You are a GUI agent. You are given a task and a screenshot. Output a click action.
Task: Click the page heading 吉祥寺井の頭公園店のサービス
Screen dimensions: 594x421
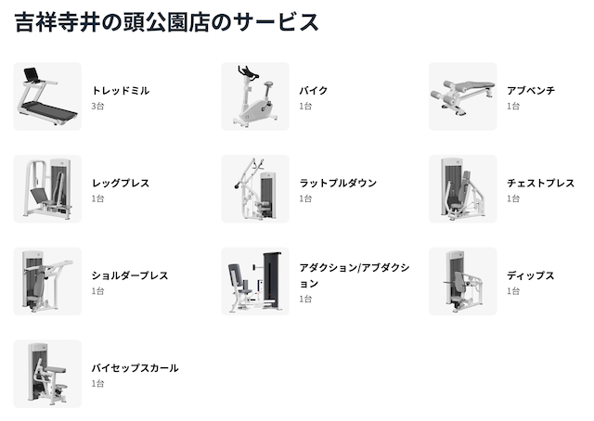click(166, 22)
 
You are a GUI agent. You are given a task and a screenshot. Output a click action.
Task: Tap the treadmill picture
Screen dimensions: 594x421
click(47, 96)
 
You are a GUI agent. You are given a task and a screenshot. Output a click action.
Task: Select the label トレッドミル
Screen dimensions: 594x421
click(121, 91)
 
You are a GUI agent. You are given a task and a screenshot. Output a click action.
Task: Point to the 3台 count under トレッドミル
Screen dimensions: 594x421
click(97, 106)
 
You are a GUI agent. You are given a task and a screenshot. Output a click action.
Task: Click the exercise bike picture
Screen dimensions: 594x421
click(255, 96)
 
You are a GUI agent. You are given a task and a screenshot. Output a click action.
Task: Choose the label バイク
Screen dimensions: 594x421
click(314, 91)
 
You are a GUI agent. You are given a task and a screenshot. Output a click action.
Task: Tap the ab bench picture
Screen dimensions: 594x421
click(462, 96)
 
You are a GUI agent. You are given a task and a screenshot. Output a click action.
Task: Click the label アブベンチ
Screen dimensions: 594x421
click(531, 91)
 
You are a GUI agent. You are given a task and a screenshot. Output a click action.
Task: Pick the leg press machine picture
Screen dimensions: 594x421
click(47, 188)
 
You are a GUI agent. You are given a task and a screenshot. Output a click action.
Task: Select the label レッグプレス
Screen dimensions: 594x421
click(121, 184)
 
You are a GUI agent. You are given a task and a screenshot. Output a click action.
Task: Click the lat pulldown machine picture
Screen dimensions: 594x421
click(255, 188)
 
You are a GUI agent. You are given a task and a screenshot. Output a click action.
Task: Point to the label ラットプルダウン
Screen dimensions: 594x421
click(338, 184)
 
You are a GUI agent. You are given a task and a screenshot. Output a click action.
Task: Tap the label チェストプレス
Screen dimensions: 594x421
click(540, 184)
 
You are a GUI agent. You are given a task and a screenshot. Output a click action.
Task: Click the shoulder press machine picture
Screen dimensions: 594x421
click(47, 281)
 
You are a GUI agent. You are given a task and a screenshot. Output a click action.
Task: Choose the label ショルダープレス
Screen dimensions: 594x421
click(130, 275)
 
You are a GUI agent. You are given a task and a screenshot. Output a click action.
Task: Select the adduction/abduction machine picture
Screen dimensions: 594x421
click(255, 281)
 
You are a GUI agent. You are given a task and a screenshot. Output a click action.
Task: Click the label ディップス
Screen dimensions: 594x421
click(530, 275)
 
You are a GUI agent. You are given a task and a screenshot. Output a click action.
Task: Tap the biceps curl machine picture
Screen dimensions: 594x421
click(47, 374)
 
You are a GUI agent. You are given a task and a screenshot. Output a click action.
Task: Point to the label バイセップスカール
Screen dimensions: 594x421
click(135, 368)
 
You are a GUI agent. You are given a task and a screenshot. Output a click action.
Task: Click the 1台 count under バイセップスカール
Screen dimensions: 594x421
click(97, 384)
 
